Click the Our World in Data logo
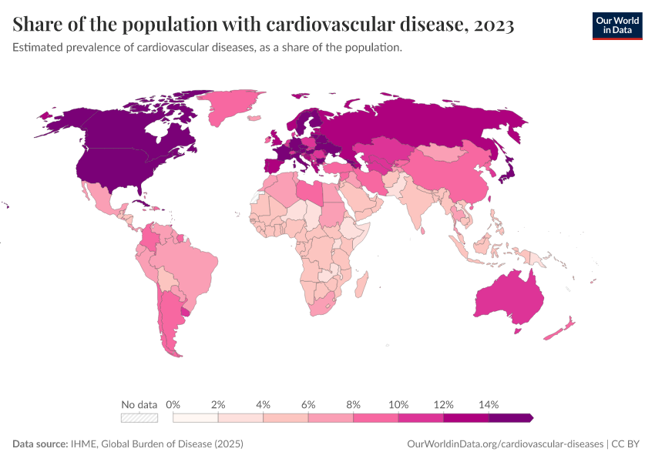pyautogui.click(x=616, y=25)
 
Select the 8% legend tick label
pyautogui.click(x=354, y=404)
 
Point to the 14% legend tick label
pyautogui.click(x=489, y=404)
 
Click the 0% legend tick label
pyautogui.click(x=173, y=404)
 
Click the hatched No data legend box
pyautogui.click(x=139, y=417)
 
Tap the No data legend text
pyautogui.click(x=139, y=404)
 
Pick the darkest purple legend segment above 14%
pyautogui.click(x=510, y=417)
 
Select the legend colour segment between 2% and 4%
pyautogui.click(x=240, y=417)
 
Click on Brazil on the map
pyautogui.click(x=193, y=266)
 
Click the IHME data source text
pyautogui.click(x=154, y=444)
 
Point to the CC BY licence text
pyautogui.click(x=628, y=444)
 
